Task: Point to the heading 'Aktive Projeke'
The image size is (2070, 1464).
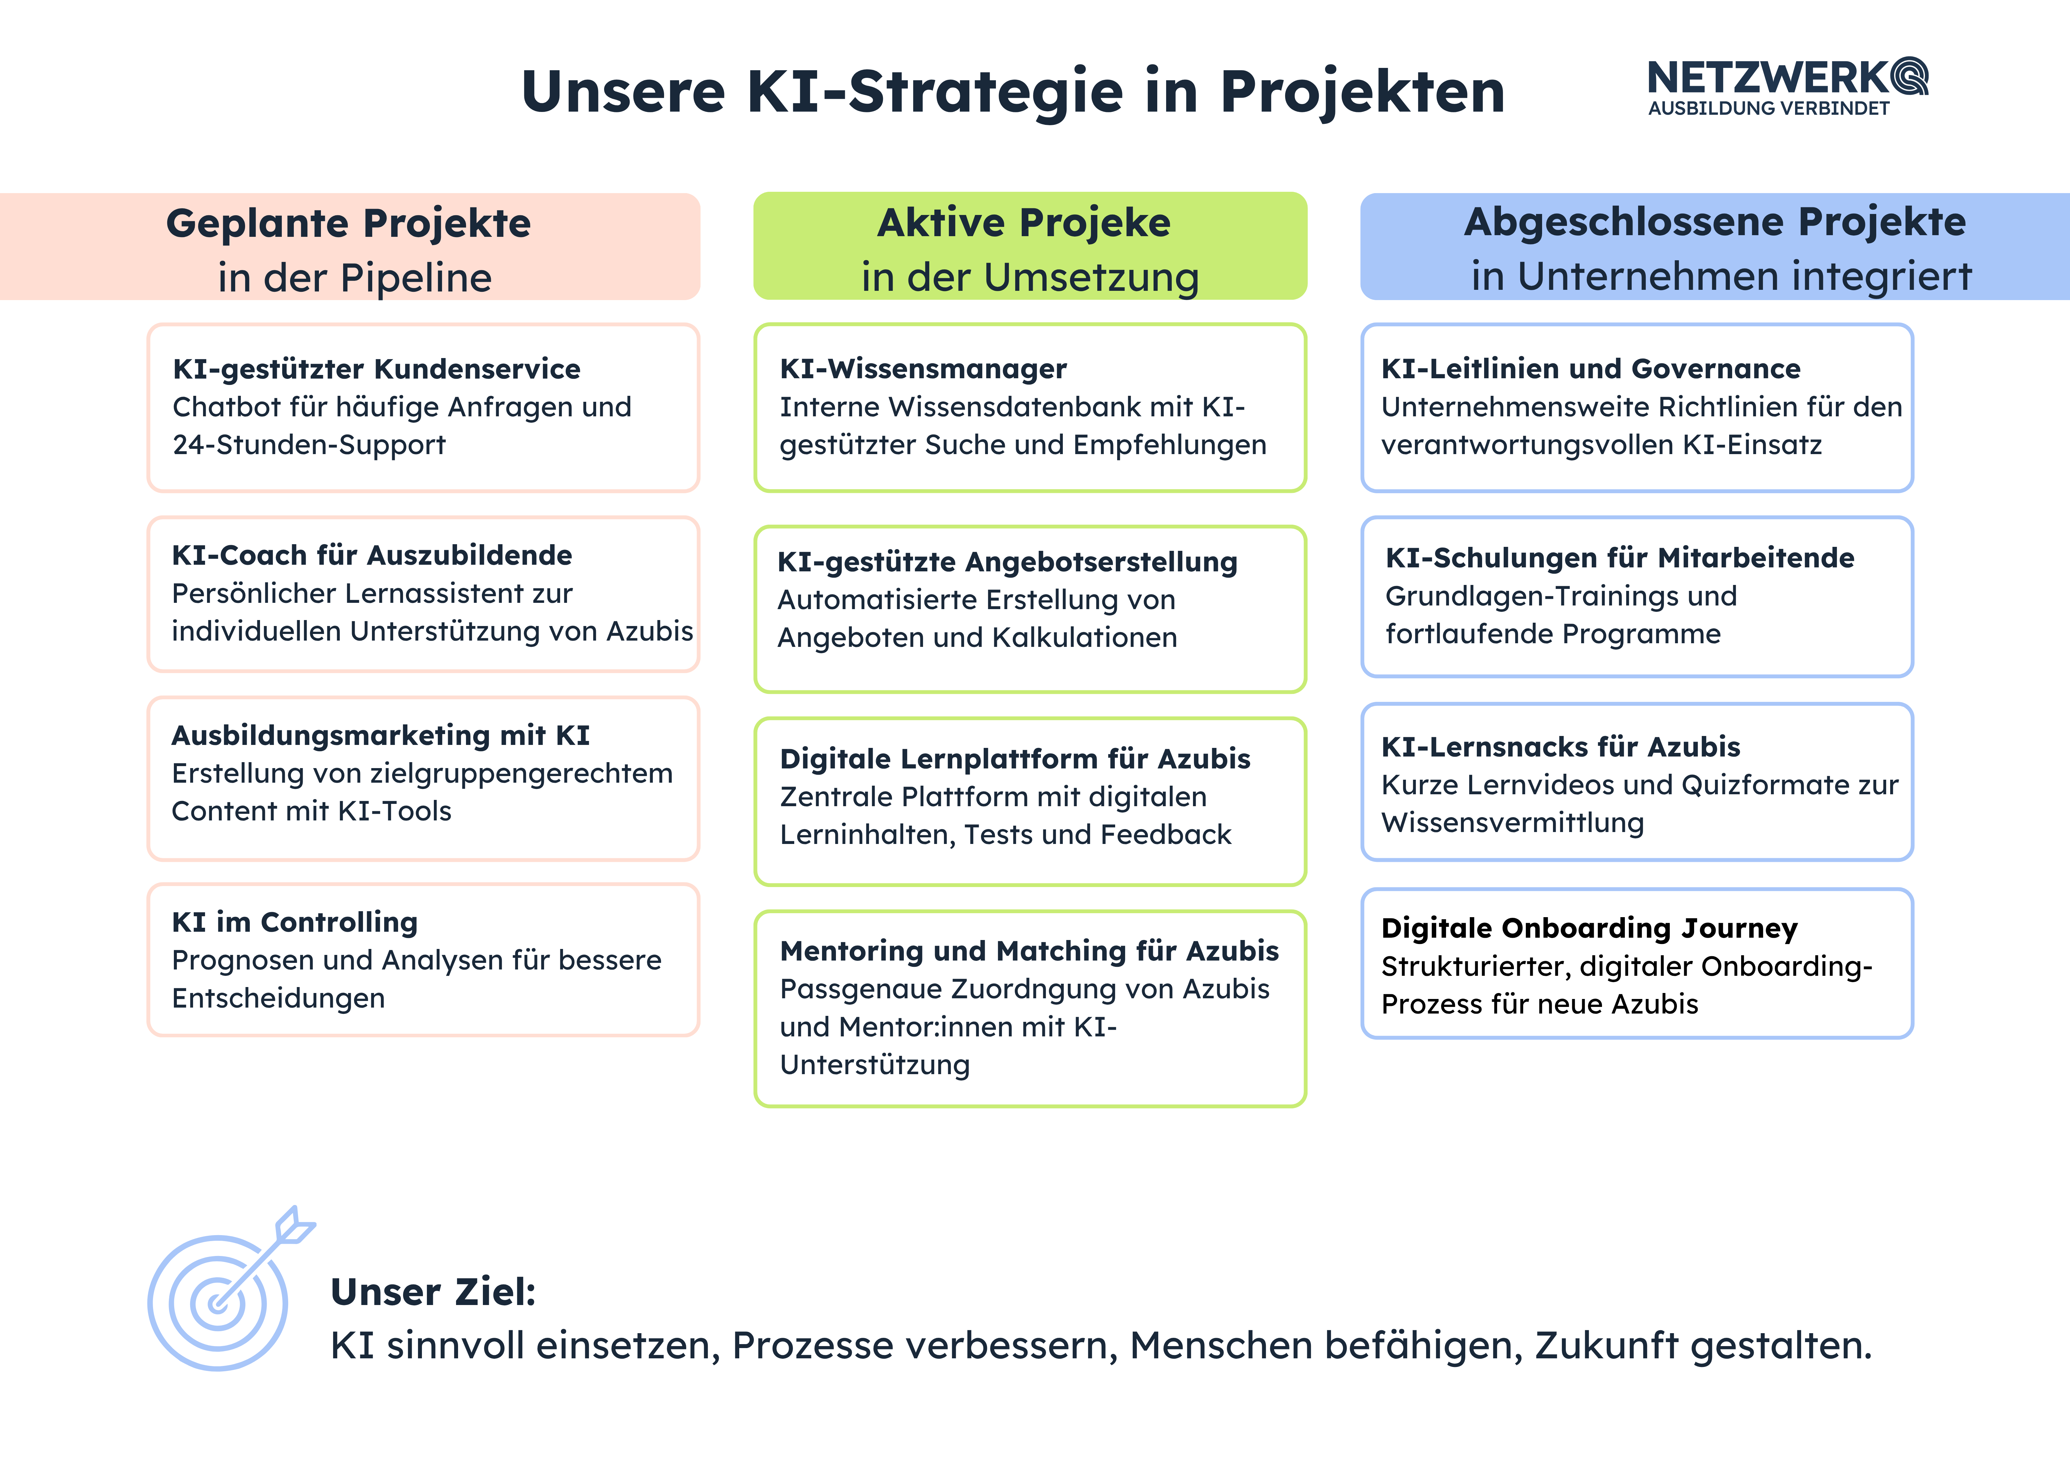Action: pyautogui.click(x=1024, y=223)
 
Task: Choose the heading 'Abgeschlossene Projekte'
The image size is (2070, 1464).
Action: pyautogui.click(x=1715, y=222)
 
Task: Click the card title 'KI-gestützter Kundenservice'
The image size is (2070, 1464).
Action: pyautogui.click(x=377, y=369)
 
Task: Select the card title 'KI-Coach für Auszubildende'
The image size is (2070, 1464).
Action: pyautogui.click(x=372, y=555)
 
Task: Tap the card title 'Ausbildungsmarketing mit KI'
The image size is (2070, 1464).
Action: pyautogui.click(x=381, y=736)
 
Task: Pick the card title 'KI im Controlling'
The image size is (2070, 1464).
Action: pyautogui.click(x=295, y=922)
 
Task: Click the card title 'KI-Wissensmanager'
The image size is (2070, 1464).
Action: pyautogui.click(x=923, y=369)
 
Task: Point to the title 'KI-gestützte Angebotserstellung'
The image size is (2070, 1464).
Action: pyautogui.click(x=1007, y=562)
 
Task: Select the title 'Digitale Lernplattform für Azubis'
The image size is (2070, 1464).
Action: pyautogui.click(x=1015, y=759)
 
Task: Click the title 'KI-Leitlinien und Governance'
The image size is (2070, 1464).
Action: pyautogui.click(x=1590, y=369)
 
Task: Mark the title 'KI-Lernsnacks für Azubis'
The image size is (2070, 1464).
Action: pyautogui.click(x=1561, y=747)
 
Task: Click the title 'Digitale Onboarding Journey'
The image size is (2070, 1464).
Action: pyautogui.click(x=1589, y=928)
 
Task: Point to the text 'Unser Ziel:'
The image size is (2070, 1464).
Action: pyautogui.click(x=434, y=1292)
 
